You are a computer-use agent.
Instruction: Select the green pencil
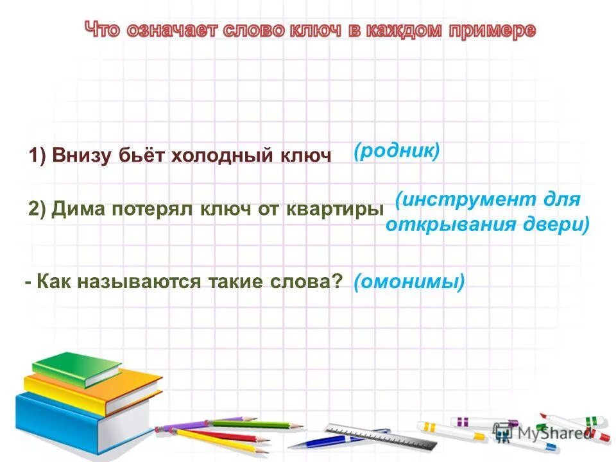pos(257,424)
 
